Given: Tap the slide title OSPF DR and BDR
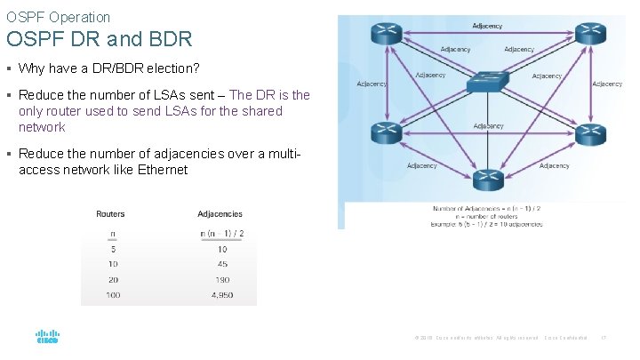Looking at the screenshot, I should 98,40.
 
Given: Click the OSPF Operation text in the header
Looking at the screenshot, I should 59,17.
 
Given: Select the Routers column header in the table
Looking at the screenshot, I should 110,214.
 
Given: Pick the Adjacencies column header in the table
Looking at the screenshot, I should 220,214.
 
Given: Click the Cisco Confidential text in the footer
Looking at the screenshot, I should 565,338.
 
